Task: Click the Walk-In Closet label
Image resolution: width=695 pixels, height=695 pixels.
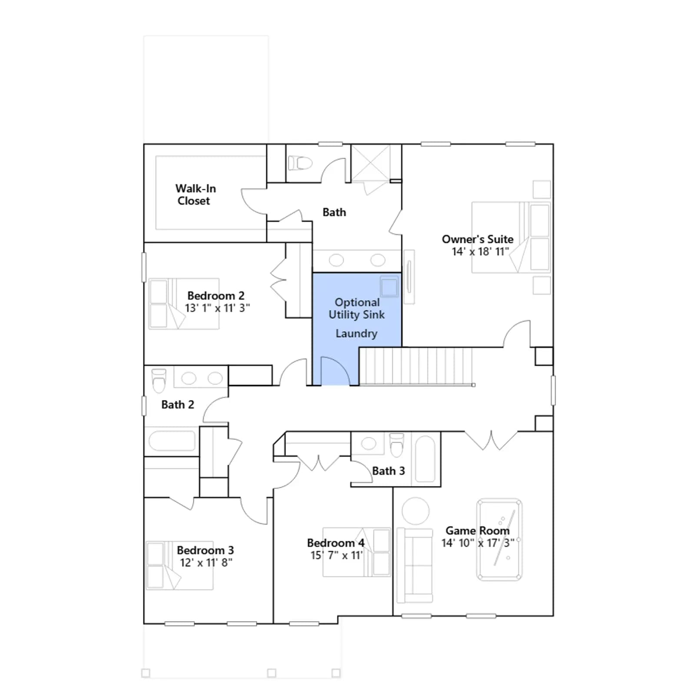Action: [x=195, y=195]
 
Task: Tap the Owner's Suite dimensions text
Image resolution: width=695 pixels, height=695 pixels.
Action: [x=480, y=252]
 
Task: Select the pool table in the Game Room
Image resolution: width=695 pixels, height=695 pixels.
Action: [x=500, y=539]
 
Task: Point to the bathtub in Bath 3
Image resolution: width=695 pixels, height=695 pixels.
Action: [x=425, y=459]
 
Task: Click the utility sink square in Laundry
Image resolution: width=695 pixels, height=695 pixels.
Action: [x=389, y=287]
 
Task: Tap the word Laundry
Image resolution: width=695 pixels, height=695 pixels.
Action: [x=357, y=334]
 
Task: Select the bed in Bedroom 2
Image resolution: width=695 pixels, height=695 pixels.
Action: [x=184, y=304]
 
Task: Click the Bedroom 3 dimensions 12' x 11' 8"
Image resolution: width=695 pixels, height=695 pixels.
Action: [x=206, y=563]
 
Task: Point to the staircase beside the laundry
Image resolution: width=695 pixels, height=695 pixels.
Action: [x=416, y=366]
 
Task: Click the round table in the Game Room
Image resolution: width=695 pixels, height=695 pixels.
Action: [x=416, y=511]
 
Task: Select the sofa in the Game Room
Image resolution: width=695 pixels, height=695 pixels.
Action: [x=415, y=565]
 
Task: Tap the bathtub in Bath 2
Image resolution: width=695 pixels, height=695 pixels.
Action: [x=172, y=440]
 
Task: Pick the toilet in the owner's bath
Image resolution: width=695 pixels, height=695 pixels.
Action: [x=301, y=163]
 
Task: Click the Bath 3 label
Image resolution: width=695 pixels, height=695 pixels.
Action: [x=388, y=471]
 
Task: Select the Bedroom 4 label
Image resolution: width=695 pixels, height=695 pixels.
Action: [x=336, y=543]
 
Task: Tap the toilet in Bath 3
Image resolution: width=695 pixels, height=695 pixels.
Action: [x=397, y=445]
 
